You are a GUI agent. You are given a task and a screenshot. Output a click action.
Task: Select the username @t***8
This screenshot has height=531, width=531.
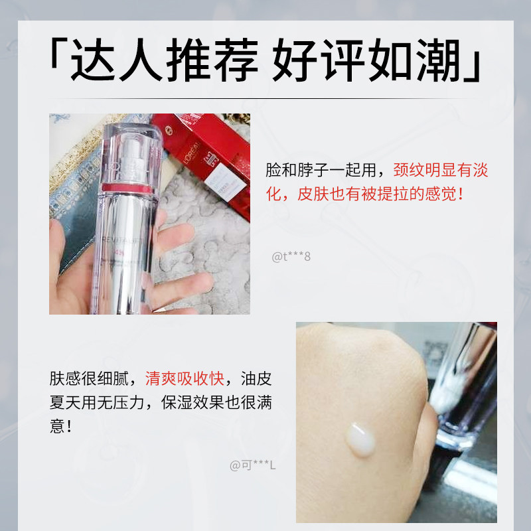click(x=291, y=256)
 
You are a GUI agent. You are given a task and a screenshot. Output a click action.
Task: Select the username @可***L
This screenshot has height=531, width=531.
click(x=253, y=465)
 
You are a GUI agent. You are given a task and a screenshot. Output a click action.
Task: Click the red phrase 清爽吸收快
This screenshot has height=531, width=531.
click(x=184, y=380)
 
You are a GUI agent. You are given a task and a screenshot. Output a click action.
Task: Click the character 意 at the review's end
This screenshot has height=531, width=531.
click(x=58, y=425)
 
